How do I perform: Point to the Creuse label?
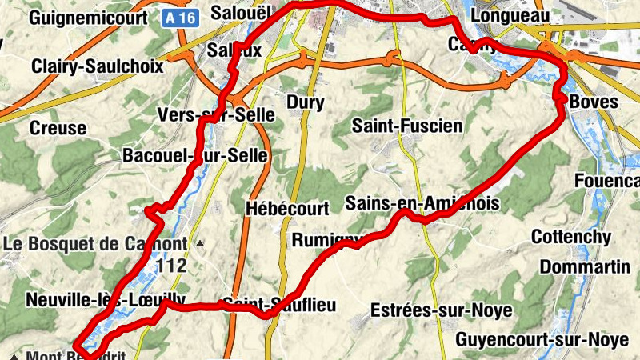click(57, 128)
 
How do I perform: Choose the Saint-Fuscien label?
click(406, 126)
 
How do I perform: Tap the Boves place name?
click(594, 102)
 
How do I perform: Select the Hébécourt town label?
click(288, 209)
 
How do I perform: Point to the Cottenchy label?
click(571, 238)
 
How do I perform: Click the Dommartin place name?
click(585, 266)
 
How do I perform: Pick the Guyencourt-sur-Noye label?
click(542, 340)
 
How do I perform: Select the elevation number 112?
click(172, 266)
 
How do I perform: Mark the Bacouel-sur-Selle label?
click(194, 155)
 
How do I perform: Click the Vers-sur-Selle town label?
click(216, 115)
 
